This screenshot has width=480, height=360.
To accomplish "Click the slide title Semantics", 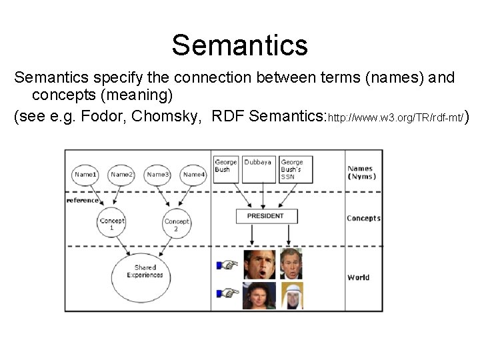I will pos(239,45).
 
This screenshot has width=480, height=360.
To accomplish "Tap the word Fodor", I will pos(99,116).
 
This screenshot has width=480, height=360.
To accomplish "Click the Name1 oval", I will pos(85,175).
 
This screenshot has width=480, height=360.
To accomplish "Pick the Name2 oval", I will pos(121,175).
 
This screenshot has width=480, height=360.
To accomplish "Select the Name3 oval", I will pos(158,175).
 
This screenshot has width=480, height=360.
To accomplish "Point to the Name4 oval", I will pos(193,175).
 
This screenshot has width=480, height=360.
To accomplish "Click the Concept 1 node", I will pos(111,224).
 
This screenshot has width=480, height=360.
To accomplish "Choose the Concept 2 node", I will pos(177,224).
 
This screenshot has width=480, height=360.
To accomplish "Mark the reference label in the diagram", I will pos(82,200).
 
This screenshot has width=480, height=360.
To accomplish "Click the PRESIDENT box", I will pos(265,216).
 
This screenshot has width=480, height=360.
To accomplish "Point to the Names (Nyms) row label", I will pos(361,173).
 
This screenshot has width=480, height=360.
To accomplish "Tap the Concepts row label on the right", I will pos(363,218).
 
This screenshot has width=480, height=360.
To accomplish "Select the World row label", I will pos(358,277).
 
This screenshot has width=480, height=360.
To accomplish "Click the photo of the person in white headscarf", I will pos(291,295).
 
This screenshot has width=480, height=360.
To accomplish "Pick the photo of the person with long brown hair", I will pos(259,295).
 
